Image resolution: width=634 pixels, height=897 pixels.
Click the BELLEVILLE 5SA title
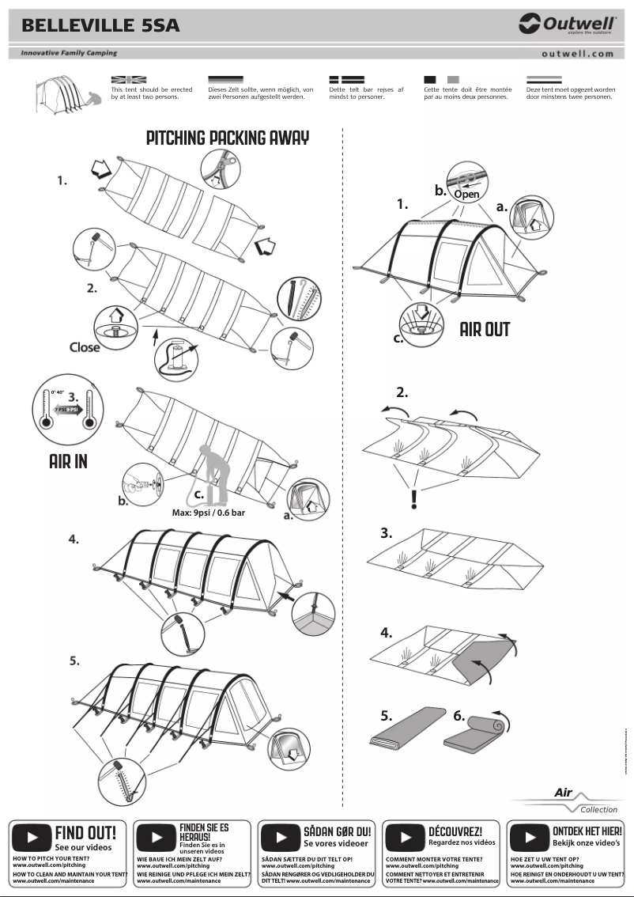(x=100, y=26)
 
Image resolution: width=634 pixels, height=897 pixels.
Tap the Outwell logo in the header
(x=566, y=25)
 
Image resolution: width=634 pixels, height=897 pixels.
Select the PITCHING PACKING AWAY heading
(x=228, y=138)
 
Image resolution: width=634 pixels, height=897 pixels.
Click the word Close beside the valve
(x=85, y=346)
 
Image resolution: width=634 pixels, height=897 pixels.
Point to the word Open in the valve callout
(x=466, y=193)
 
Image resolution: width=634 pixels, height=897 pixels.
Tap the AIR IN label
(x=68, y=461)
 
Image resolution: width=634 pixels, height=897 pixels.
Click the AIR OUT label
(x=485, y=329)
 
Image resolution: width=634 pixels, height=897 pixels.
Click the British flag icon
(x=129, y=80)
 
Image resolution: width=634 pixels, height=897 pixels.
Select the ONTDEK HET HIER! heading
(x=587, y=831)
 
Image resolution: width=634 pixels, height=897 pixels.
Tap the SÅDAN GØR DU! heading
(x=337, y=831)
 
